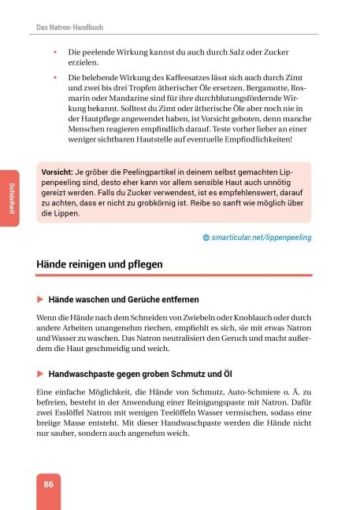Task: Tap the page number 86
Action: [49, 484]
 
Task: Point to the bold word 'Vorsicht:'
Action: [58, 172]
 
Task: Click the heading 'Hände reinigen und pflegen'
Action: [99, 264]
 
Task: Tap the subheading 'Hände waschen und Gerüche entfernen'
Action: [123, 300]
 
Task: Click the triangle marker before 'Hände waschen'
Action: [40, 300]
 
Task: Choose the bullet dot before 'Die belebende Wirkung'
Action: [55, 78]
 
